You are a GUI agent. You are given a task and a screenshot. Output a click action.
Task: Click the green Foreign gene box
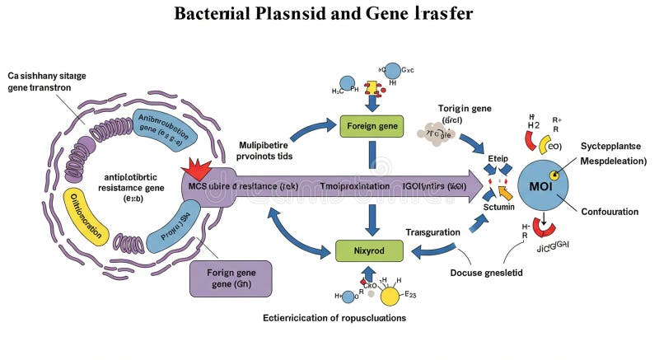pos(371,126)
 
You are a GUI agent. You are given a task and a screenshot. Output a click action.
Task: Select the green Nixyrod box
pos(370,248)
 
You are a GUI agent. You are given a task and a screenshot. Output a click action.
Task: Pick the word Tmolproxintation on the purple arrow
pos(354,186)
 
